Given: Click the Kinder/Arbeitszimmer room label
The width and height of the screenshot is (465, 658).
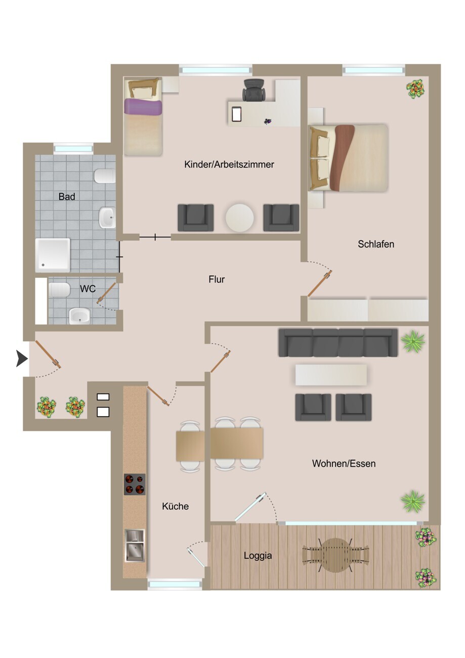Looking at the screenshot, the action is click(x=229, y=164).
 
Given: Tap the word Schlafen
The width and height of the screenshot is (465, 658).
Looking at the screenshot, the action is click(x=376, y=244).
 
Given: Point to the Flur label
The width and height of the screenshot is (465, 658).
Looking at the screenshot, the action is click(x=217, y=279).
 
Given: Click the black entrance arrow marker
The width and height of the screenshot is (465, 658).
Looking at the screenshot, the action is click(x=22, y=359).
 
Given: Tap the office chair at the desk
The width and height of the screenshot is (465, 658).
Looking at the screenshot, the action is click(x=254, y=90).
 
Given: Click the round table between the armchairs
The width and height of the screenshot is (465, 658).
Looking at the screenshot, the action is click(x=239, y=218).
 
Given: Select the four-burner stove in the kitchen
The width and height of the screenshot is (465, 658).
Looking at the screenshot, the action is click(x=135, y=484).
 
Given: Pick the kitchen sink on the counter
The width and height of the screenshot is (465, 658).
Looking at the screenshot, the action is click(x=135, y=546).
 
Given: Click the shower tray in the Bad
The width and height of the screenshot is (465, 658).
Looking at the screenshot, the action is click(x=53, y=255).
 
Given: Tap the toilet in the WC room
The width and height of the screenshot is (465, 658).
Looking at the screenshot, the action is click(x=59, y=290).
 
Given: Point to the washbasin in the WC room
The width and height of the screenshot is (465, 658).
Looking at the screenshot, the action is click(x=79, y=316).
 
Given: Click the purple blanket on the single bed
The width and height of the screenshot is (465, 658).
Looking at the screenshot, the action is click(x=143, y=107).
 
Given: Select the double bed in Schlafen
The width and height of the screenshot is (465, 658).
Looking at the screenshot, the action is click(x=348, y=158).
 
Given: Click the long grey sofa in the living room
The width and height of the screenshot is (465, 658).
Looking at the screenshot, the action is click(x=338, y=343).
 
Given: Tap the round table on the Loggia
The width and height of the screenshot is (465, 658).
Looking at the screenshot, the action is click(x=335, y=555).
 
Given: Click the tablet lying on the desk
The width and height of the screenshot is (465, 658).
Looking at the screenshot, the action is click(x=236, y=114).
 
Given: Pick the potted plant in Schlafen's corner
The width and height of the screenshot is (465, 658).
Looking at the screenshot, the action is click(x=415, y=89).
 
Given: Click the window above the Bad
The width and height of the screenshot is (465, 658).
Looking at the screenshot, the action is click(x=73, y=148).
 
